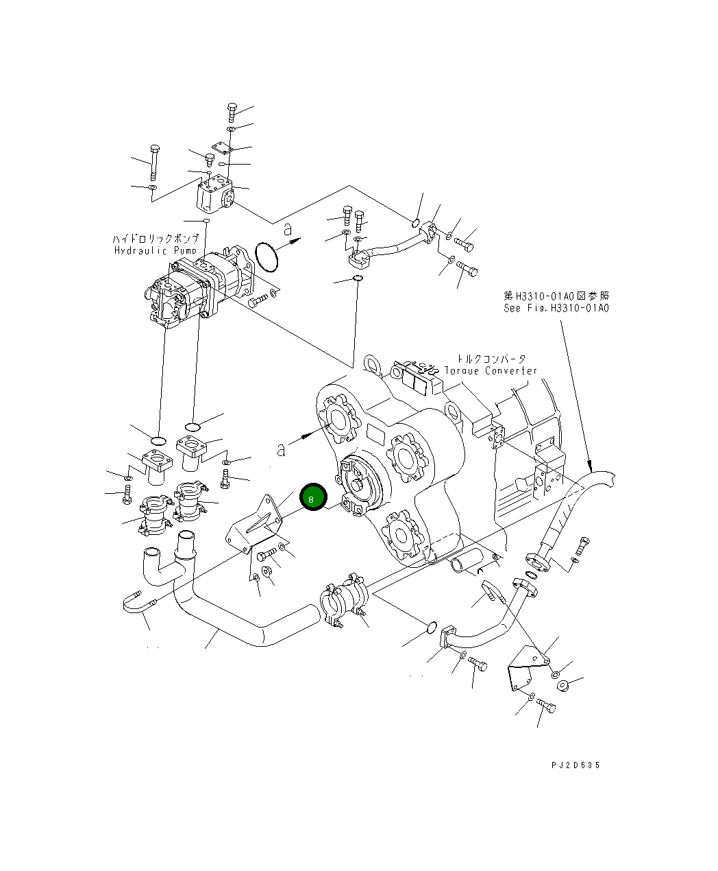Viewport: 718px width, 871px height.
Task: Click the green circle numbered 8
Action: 312,499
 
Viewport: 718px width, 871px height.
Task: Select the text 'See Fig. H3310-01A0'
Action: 556,308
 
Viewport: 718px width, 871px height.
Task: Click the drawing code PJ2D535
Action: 574,765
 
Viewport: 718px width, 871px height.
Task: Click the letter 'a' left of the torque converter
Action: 281,449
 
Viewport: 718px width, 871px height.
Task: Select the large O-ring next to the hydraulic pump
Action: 267,256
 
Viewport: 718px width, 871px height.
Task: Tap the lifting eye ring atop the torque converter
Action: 372,362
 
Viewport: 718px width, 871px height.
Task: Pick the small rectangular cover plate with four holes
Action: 221,148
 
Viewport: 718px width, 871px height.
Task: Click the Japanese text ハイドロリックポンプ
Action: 156,239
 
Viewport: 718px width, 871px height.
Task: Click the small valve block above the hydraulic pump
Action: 214,193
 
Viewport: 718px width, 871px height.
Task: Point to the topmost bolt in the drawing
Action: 232,111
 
